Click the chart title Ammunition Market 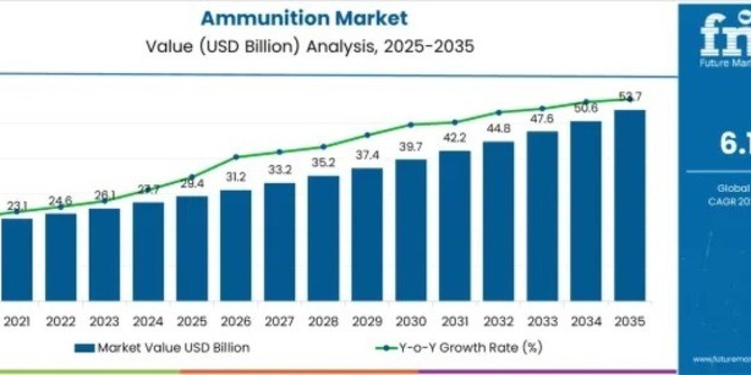pyautogui.click(x=304, y=18)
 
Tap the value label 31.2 pyautogui.click(x=236, y=177)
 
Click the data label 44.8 pyautogui.click(x=499, y=130)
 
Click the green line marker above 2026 pyautogui.click(x=236, y=157)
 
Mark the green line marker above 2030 pyautogui.click(x=411, y=124)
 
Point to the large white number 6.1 pyautogui.click(x=735, y=144)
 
